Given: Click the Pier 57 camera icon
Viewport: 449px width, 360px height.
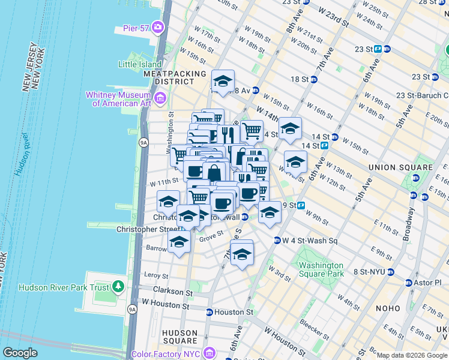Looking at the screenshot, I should [x=158, y=26].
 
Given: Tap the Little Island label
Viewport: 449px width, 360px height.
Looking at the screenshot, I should [x=140, y=64].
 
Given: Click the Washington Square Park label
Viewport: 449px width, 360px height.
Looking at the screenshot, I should [x=321, y=269].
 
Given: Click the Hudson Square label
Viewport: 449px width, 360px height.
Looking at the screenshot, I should [x=180, y=337].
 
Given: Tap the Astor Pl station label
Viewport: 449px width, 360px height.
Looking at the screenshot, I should [x=427, y=282].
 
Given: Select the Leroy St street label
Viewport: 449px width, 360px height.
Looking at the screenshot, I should [x=157, y=275].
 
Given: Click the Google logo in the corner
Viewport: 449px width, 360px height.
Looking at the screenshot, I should [x=20, y=353].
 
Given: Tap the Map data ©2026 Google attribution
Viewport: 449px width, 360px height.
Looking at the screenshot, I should [x=412, y=355].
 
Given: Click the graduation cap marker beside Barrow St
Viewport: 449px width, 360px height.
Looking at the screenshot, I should [x=179, y=242].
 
